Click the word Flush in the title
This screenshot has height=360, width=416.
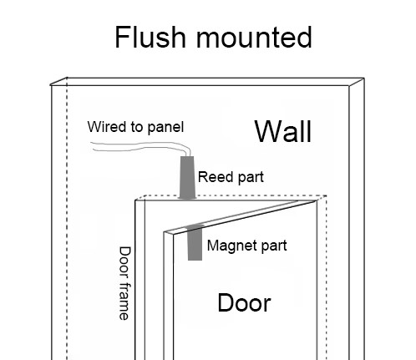click(x=150, y=38)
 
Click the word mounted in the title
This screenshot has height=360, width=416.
click(x=254, y=38)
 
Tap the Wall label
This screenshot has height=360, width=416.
click(x=283, y=131)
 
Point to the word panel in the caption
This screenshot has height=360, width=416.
click(x=165, y=128)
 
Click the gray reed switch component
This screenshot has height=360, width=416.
click(x=187, y=178)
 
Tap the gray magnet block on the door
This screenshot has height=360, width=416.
click(x=195, y=242)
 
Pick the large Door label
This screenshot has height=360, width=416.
click(x=244, y=303)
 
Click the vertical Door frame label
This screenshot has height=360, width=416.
click(x=124, y=283)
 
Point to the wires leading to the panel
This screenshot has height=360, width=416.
click(x=140, y=146)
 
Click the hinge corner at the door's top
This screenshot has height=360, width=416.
click(x=317, y=200)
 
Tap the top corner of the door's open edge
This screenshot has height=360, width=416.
click(x=165, y=232)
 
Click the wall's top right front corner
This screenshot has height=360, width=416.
click(x=349, y=86)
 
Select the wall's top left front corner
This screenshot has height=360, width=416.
click(x=51, y=85)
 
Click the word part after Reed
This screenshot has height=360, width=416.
click(x=250, y=178)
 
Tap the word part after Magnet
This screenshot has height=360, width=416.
click(x=274, y=246)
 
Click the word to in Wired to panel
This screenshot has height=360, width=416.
click(x=137, y=127)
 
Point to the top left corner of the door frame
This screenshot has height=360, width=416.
click(x=135, y=200)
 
